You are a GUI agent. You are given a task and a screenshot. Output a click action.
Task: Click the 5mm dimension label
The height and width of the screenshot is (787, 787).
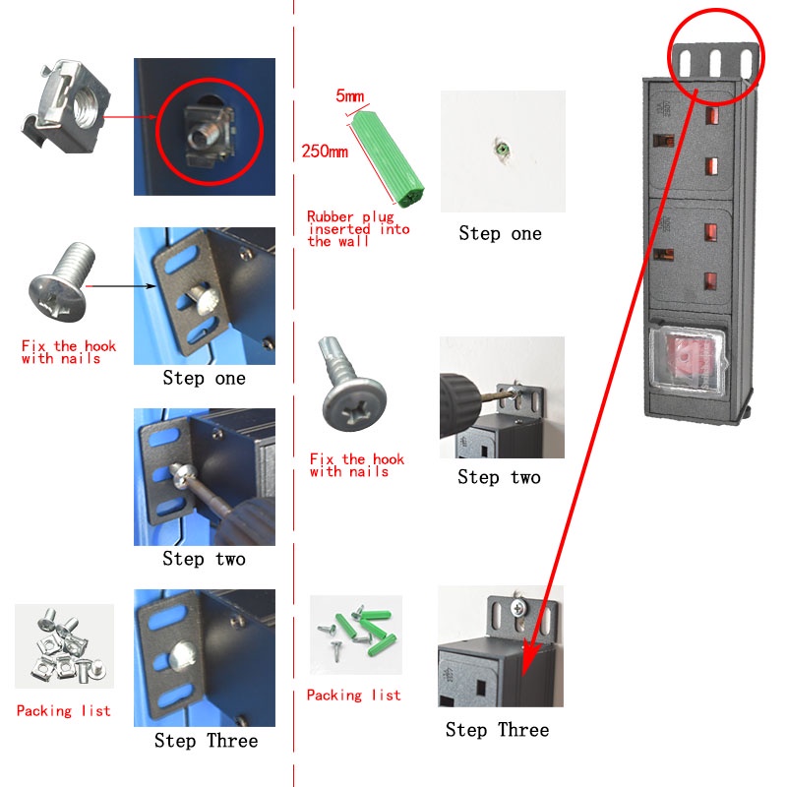(x=350, y=95)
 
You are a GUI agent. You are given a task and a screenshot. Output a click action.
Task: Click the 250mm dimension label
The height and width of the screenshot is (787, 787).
(x=325, y=151)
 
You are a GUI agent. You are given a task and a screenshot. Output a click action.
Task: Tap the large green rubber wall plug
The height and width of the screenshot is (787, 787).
(x=388, y=158)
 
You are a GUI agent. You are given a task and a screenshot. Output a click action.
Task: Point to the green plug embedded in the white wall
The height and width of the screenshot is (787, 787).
(x=502, y=149)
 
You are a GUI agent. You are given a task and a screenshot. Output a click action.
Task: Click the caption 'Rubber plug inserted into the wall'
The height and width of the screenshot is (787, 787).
(x=358, y=229)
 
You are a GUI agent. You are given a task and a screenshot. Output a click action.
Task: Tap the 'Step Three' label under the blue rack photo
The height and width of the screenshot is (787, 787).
(x=206, y=741)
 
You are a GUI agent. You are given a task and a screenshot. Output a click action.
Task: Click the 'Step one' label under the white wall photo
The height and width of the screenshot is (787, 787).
(x=501, y=233)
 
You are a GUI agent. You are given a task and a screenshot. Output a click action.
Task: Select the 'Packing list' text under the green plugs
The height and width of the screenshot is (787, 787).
(x=354, y=696)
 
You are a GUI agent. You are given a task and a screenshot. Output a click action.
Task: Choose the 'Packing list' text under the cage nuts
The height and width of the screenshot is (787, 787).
(x=64, y=710)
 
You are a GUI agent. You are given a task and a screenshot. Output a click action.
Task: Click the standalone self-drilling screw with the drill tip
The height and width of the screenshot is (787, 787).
(x=351, y=383)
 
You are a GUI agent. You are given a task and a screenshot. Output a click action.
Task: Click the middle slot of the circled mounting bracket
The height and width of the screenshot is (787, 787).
(x=715, y=62)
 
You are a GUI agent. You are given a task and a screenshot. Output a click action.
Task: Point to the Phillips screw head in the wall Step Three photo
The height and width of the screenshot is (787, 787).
(x=517, y=608)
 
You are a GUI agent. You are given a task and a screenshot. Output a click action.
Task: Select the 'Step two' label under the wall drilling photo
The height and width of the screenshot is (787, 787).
(x=499, y=477)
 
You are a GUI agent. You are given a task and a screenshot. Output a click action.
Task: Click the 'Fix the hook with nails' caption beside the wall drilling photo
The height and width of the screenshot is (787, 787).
(x=357, y=465)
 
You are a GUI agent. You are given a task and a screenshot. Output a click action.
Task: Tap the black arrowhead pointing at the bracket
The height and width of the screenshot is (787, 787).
(x=151, y=286)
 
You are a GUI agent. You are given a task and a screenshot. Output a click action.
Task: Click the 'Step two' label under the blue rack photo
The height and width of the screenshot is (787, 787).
(x=205, y=559)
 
